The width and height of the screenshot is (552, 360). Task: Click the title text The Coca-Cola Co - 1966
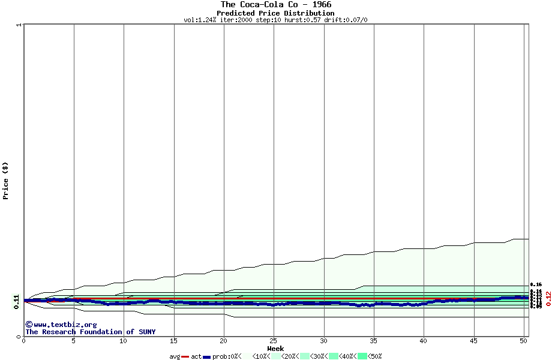pyautogui.click(x=275, y=5)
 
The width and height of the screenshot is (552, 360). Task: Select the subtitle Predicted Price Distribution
pyautogui.click(x=275, y=13)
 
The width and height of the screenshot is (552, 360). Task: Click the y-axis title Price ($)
pyautogui.click(x=5, y=180)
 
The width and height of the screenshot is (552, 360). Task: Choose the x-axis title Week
pyautogui.click(x=275, y=349)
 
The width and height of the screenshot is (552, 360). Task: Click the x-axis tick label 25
pyautogui.click(x=274, y=341)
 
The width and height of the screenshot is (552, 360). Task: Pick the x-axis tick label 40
pyautogui.click(x=424, y=341)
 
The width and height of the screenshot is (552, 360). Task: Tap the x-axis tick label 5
pyautogui.click(x=74, y=341)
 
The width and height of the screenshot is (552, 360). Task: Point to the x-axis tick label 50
pyautogui.click(x=523, y=341)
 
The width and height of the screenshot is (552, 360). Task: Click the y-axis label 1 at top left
pyautogui.click(x=19, y=25)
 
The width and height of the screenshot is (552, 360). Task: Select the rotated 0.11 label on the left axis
pyautogui.click(x=16, y=302)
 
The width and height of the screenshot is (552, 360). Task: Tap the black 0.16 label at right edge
pyautogui.click(x=536, y=284)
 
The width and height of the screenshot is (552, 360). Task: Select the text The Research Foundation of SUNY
pyautogui.click(x=90, y=332)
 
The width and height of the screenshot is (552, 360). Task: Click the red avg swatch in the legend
pyautogui.click(x=185, y=356)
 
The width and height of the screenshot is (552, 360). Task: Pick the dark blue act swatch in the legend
pyautogui.click(x=207, y=356)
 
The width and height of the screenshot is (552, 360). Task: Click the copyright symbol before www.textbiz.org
pyautogui.click(x=28, y=325)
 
